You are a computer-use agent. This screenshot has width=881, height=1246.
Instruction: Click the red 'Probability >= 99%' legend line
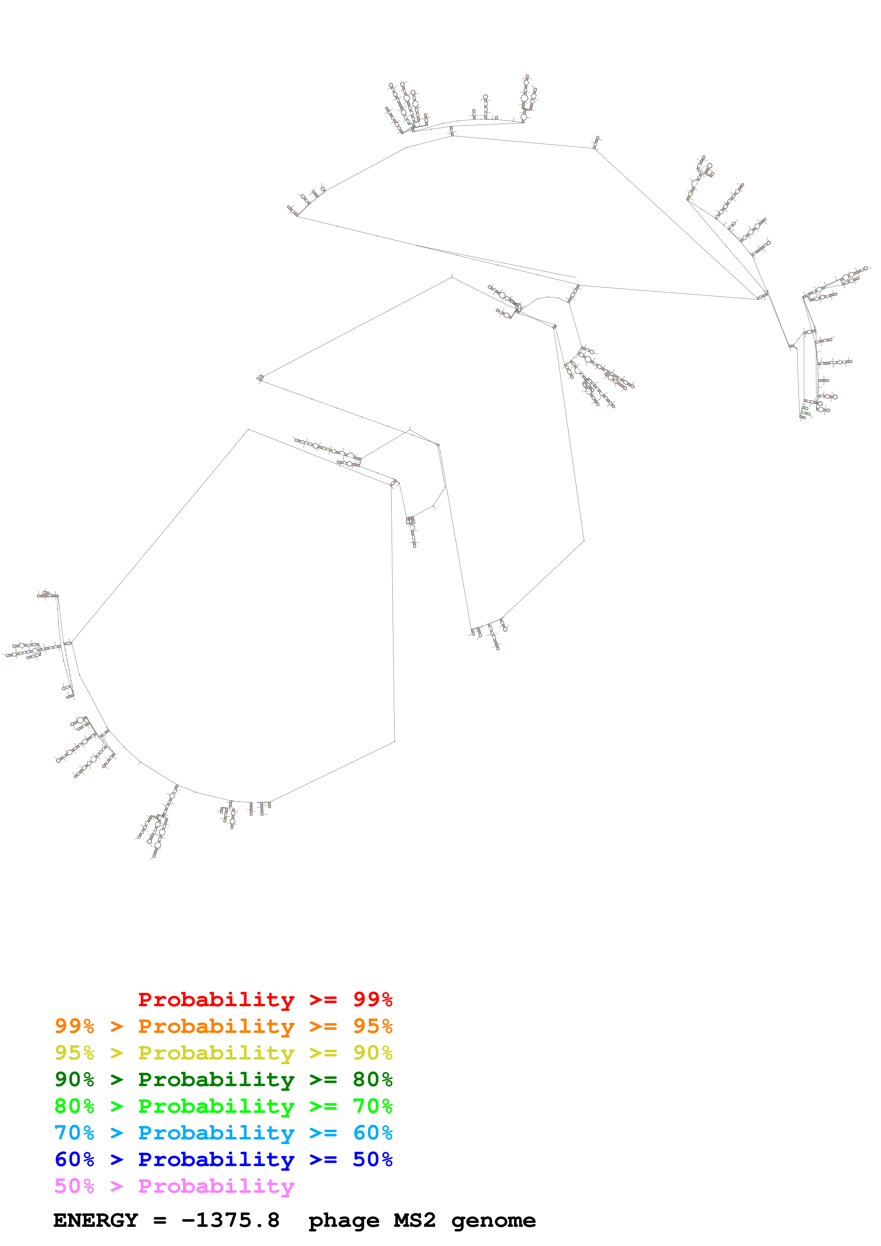click(265, 999)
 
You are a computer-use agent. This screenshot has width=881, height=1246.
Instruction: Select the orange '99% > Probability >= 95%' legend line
click(223, 1026)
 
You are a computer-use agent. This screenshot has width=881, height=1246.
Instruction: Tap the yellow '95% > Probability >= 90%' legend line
click(223, 1052)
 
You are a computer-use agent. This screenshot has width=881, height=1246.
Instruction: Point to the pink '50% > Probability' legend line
click(174, 1186)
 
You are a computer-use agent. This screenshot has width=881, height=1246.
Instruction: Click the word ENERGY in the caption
click(96, 1220)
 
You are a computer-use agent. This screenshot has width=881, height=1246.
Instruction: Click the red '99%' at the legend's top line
click(373, 999)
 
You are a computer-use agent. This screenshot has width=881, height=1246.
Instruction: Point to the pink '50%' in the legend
click(74, 1186)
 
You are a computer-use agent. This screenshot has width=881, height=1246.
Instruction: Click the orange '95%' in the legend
click(373, 1026)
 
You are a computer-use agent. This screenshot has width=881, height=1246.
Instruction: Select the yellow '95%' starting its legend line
click(74, 1052)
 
